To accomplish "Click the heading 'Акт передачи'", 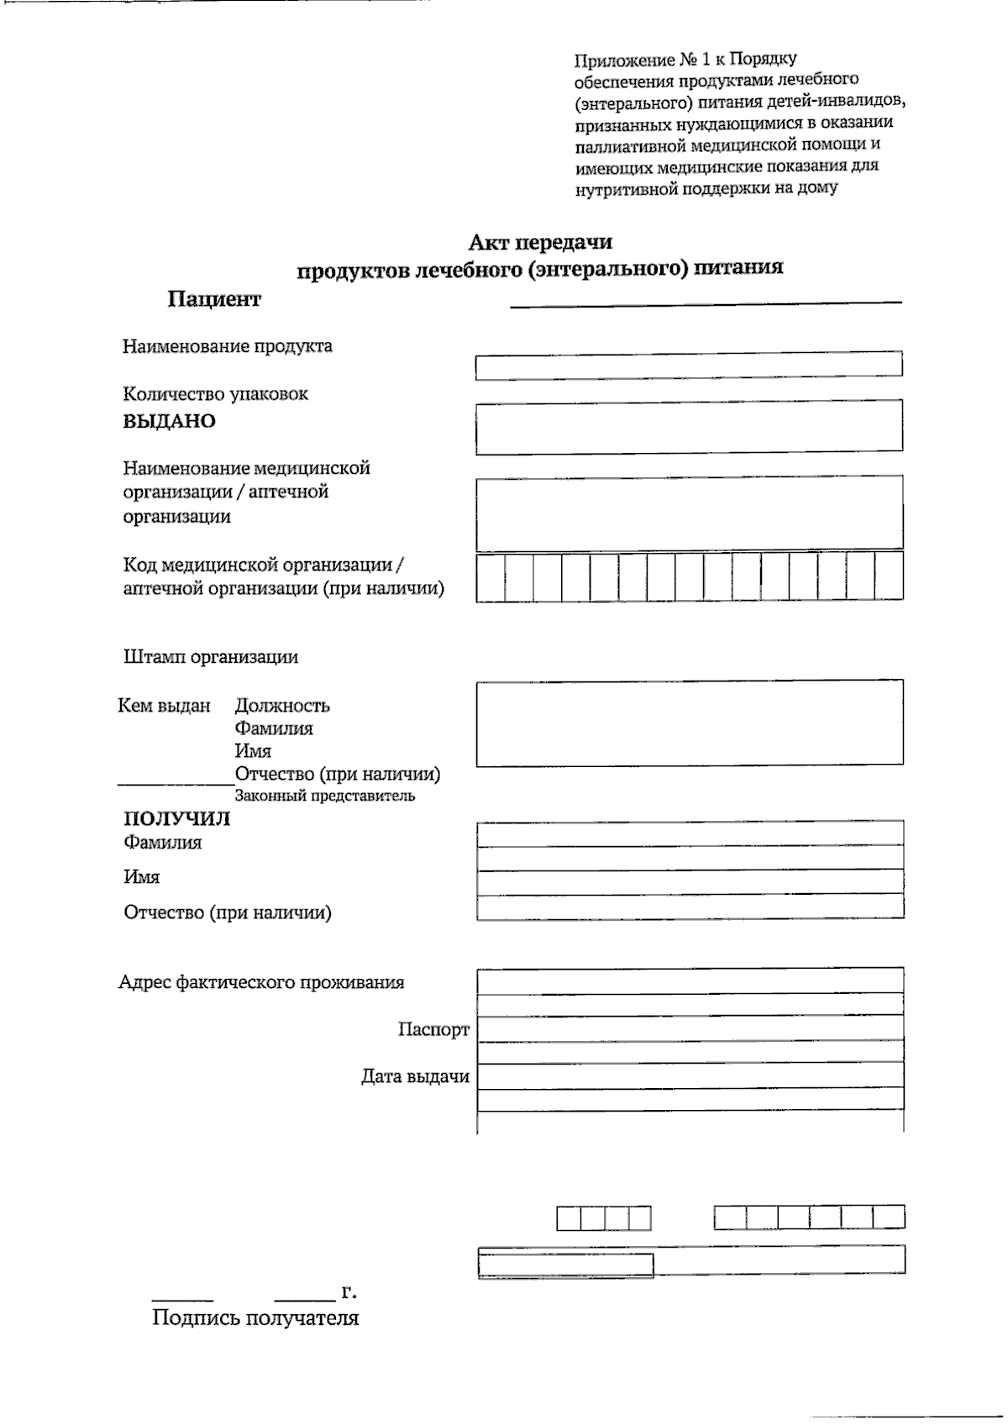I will (540, 243).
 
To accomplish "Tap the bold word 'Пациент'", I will (214, 299).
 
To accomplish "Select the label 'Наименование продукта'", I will (227, 346).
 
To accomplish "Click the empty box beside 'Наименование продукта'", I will (689, 365).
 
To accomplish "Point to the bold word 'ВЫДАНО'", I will (170, 422).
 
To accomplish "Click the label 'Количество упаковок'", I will (215, 394).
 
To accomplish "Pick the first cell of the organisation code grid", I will (491, 576).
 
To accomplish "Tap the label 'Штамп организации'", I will (210, 657).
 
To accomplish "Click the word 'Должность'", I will (282, 706).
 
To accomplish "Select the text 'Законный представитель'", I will (324, 796).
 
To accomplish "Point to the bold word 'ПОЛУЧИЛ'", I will (176, 819).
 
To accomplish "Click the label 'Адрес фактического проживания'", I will (261, 982).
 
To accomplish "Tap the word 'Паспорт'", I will (433, 1029).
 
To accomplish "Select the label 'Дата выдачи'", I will (415, 1076).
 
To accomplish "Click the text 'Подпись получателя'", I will (255, 1317).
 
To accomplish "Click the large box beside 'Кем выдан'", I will (689, 723).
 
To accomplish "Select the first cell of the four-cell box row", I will (569, 1218).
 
